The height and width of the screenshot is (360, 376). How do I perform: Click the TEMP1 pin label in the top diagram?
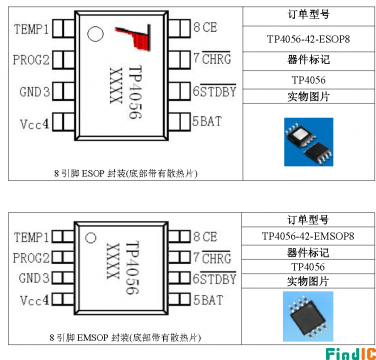[30, 29]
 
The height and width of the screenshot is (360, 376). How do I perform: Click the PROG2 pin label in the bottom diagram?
[30, 257]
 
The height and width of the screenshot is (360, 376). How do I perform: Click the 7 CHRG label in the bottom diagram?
[211, 258]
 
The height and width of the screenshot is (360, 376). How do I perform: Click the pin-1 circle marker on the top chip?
[95, 35]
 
